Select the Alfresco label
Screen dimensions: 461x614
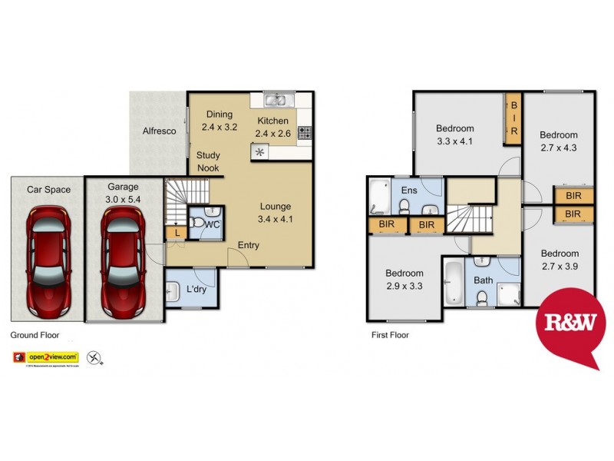point(160,131)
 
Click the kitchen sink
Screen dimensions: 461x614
point(275,99)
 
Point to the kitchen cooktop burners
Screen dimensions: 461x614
point(305,133)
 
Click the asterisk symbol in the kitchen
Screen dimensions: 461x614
point(260,152)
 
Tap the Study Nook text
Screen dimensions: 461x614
point(208,161)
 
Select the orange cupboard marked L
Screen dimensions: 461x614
point(177,231)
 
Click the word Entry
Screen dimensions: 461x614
point(248,245)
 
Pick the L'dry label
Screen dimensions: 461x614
point(196,290)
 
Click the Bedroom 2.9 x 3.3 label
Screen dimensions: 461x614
point(404,280)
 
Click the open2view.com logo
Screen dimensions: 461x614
point(45,357)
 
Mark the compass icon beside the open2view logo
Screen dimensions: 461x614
point(94,357)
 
